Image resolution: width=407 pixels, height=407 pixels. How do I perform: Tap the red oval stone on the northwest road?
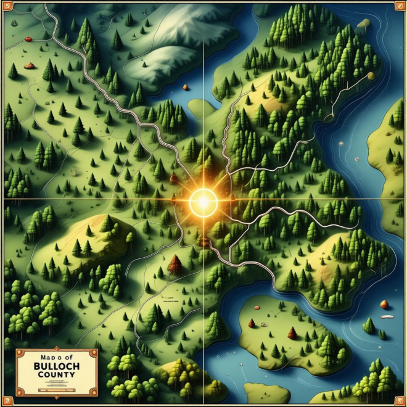(27, 39)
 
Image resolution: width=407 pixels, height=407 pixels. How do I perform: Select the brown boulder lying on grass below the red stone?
(28, 65)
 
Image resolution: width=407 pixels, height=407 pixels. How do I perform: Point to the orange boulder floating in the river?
(384, 303)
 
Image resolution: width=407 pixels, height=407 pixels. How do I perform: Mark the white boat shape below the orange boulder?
(387, 317)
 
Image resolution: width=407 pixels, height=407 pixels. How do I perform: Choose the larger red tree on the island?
(292, 332)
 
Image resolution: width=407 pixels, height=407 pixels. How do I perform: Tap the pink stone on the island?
(257, 301)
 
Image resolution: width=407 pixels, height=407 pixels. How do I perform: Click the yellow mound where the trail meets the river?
(371, 76)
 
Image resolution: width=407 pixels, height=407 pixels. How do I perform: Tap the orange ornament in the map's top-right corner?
(400, 6)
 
